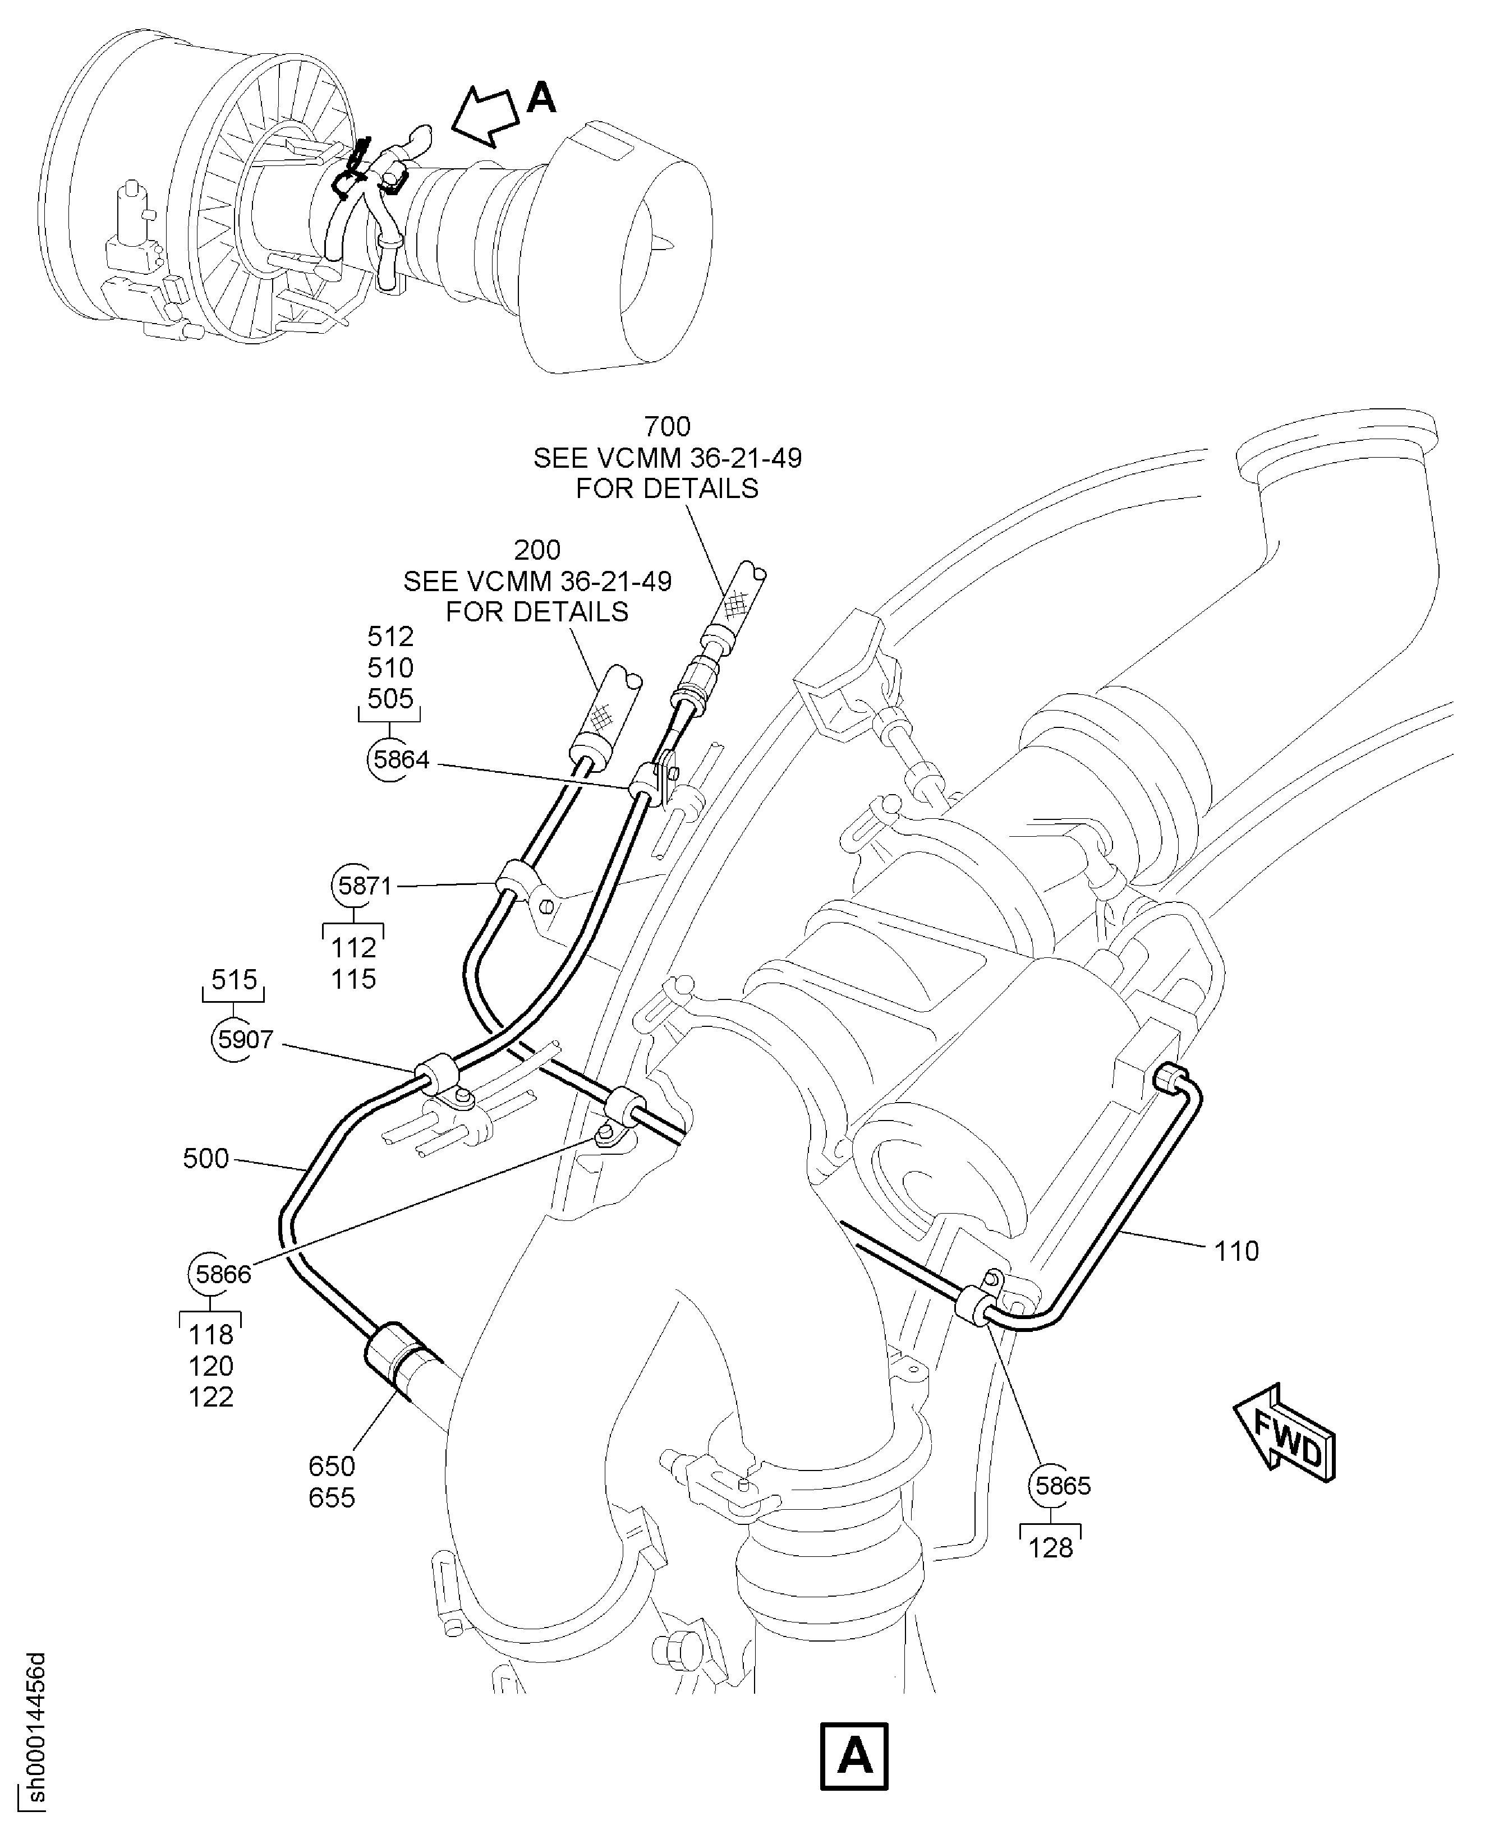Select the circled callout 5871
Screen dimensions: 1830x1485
(x=365, y=886)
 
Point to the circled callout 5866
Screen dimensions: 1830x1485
(x=222, y=1274)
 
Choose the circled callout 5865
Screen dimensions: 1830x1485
(x=1063, y=1486)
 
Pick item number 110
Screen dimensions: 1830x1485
(x=1236, y=1252)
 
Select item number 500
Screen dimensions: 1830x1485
(x=206, y=1159)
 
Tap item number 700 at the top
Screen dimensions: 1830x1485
(x=667, y=426)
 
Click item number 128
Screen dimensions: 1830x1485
(x=1050, y=1548)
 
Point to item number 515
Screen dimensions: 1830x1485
(x=233, y=980)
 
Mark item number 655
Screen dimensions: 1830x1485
(x=332, y=1498)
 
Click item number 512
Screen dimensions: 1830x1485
(x=391, y=636)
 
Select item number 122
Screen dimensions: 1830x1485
(x=210, y=1397)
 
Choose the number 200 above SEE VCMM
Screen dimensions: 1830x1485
(x=537, y=550)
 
